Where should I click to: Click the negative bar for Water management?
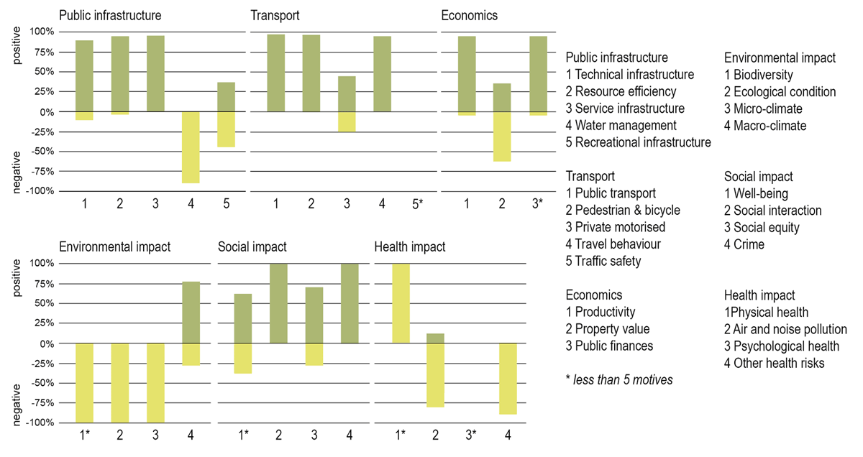(191, 147)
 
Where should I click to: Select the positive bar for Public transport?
(276, 73)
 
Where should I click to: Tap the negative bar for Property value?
(502, 137)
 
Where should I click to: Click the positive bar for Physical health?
(401, 303)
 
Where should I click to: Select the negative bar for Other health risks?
(508, 379)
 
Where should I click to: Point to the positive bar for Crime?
(350, 303)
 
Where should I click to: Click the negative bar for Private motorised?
(347, 121)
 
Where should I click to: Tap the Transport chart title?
(275, 15)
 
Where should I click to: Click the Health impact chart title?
(410, 247)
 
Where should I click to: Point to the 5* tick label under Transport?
(417, 204)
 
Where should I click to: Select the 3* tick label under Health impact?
(472, 435)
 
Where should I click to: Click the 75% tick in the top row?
(42, 52)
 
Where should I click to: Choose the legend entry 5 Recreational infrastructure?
(638, 142)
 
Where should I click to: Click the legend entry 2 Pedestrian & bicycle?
(623, 211)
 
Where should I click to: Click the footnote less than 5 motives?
(619, 379)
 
